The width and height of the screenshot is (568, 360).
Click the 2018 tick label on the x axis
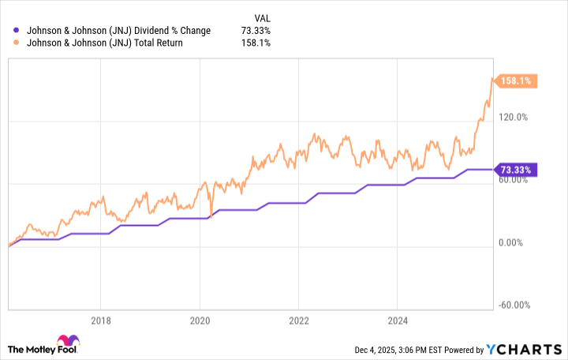click(x=100, y=321)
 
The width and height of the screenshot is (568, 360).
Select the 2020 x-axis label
click(x=200, y=321)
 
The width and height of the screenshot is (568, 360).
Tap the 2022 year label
click(x=298, y=321)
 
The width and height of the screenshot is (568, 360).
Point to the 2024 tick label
click(x=398, y=321)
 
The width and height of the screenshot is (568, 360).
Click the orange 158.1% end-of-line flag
click(x=517, y=81)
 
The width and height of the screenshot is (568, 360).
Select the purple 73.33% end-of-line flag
click(x=517, y=169)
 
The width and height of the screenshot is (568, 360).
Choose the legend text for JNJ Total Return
click(x=104, y=43)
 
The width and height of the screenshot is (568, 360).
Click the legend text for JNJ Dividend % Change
click(x=118, y=31)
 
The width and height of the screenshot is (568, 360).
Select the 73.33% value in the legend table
click(x=256, y=31)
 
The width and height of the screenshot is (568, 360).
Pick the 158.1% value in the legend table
click(x=257, y=43)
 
